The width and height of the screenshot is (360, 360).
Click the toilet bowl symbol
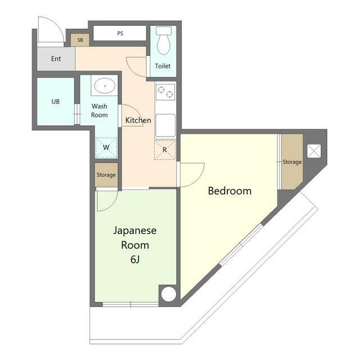[164, 40]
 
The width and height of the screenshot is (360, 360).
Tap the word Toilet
[163, 66]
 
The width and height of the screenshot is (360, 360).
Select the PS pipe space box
[120, 33]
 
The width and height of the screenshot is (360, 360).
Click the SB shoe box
[80, 40]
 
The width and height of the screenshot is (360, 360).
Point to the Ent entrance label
[56, 58]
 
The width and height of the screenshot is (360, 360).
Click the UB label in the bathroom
[56, 101]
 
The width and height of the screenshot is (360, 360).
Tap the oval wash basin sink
[105, 86]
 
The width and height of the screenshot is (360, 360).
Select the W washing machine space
[106, 147]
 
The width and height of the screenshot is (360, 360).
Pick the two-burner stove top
[165, 92]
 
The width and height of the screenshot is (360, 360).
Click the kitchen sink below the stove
[165, 125]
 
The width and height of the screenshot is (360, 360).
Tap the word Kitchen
[138, 120]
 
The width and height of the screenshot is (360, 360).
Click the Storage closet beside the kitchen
[106, 175]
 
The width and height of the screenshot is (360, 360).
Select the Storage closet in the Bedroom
[292, 161]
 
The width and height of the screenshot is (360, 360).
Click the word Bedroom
[229, 191]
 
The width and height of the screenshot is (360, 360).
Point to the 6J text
[135, 260]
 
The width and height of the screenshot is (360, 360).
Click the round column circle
[169, 294]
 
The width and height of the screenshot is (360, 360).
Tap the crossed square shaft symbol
[314, 151]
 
